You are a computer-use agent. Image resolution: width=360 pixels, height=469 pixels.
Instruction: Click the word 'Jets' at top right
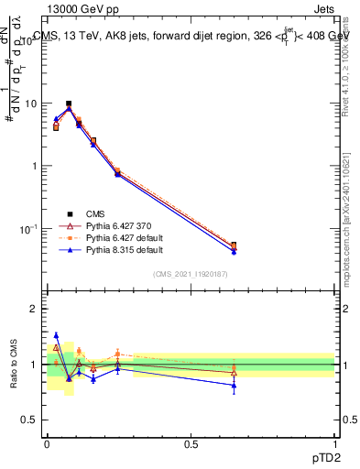(322, 8)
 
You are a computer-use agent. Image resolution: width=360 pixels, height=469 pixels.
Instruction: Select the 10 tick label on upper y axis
(29, 104)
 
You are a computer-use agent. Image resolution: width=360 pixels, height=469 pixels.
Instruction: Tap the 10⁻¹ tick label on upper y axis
(27, 228)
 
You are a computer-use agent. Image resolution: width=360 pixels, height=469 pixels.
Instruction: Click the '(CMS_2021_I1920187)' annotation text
(190, 273)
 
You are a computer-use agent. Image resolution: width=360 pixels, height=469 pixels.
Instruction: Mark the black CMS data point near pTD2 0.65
(234, 245)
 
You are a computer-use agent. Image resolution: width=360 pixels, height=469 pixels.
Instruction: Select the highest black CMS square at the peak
(69, 104)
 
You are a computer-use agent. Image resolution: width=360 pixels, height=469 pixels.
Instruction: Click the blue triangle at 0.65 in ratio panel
(234, 386)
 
